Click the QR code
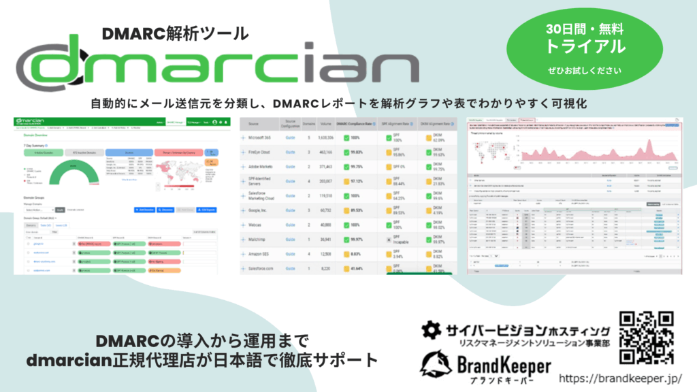click(x=647, y=338)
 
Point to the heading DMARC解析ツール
click(x=176, y=33)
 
